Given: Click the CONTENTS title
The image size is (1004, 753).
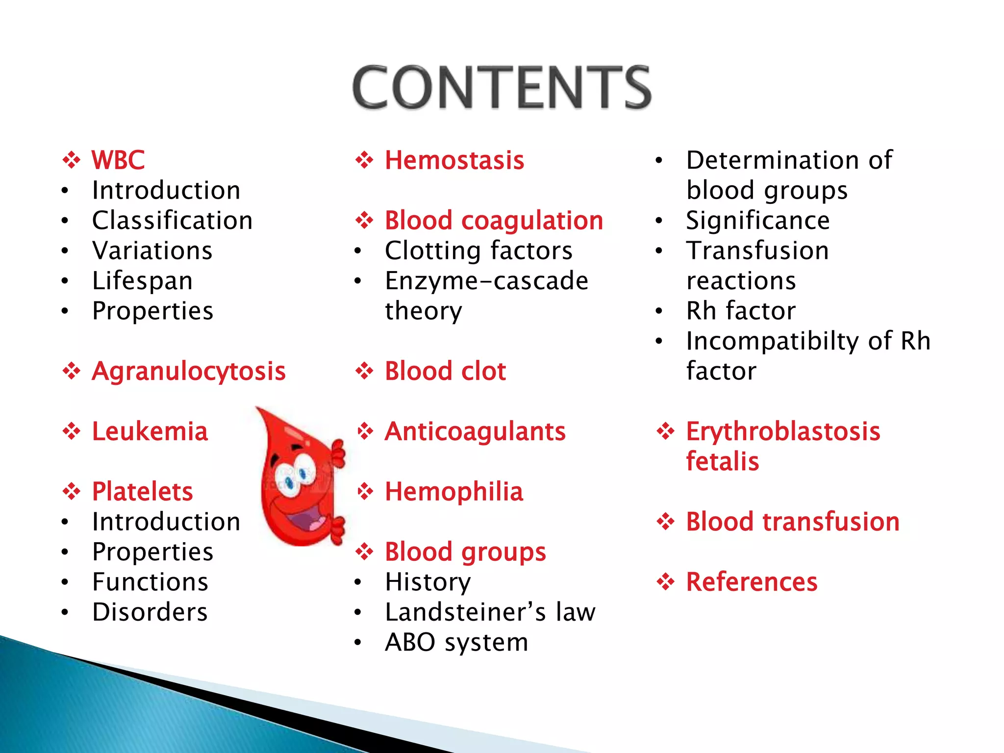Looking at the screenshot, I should pyautogui.click(x=502, y=87).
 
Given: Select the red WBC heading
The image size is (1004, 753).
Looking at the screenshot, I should pyautogui.click(x=118, y=160).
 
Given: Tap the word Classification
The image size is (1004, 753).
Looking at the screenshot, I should pyautogui.click(x=172, y=221).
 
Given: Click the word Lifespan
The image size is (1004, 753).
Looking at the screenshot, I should pyautogui.click(x=142, y=281).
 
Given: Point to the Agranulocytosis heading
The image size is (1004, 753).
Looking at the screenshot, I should pyautogui.click(x=188, y=371).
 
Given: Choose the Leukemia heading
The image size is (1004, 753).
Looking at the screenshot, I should pyautogui.click(x=150, y=431).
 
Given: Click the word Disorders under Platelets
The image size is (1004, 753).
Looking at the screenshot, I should pyautogui.click(x=150, y=612).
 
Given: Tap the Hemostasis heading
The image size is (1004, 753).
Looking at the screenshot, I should pyautogui.click(x=454, y=160).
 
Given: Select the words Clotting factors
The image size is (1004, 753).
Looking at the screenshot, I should pyautogui.click(x=478, y=251).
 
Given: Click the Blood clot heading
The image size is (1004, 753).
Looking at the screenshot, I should pyautogui.click(x=445, y=371).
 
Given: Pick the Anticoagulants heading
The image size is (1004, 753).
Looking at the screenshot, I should pyautogui.click(x=475, y=431).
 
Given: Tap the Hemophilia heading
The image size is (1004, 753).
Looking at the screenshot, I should pyautogui.click(x=454, y=492).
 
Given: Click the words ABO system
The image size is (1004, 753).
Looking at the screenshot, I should pyautogui.click(x=456, y=642).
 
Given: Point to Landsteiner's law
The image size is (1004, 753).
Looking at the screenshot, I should pyautogui.click(x=490, y=612).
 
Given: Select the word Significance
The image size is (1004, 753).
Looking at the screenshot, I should pyautogui.click(x=757, y=221).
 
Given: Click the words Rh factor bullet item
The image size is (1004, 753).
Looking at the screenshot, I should pyautogui.click(x=741, y=311).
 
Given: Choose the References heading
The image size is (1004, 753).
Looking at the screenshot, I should pyautogui.click(x=752, y=582).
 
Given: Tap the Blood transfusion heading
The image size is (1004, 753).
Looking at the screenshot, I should pyautogui.click(x=793, y=522).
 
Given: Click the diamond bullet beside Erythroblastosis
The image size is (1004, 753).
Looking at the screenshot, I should pyautogui.click(x=666, y=431).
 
